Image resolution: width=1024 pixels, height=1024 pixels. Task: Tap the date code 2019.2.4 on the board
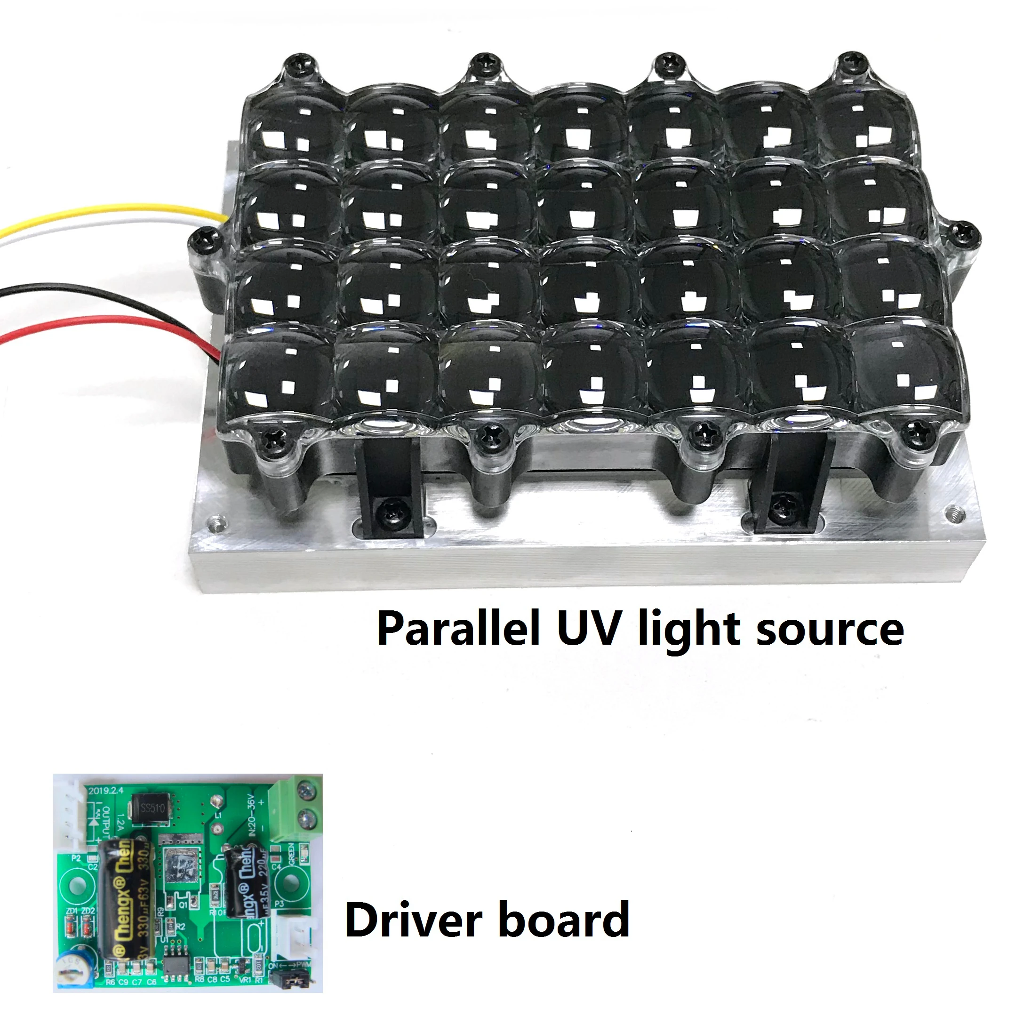pos(106,790)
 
